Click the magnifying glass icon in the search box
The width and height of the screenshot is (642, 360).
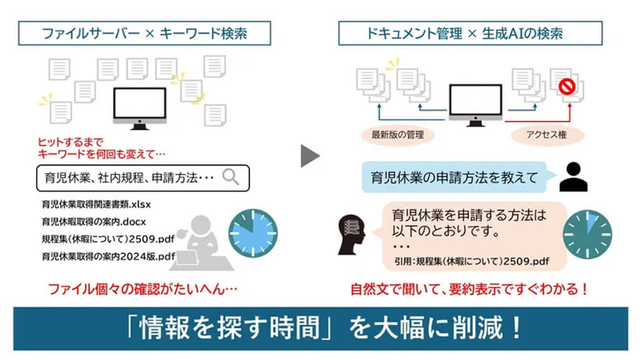coord(231,177)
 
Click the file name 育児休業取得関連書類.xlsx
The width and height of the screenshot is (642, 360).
coord(97,204)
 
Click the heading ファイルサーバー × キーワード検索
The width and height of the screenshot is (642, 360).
coord(144,33)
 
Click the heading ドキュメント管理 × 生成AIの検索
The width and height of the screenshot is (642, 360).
coord(465,33)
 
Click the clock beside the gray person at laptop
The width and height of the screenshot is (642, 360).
coord(252,232)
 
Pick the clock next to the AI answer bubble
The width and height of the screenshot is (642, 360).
coord(588,232)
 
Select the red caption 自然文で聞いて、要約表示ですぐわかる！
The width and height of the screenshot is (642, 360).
coord(470,290)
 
